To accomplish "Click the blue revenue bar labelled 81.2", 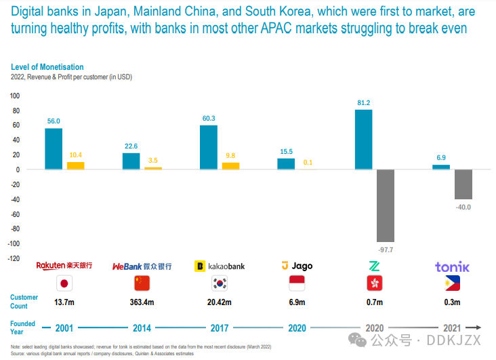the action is [363, 140].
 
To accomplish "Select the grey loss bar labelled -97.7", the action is [386, 205].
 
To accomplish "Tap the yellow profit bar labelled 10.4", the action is [76, 166].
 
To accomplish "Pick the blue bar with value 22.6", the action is [131, 161].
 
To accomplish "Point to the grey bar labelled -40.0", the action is [463, 184].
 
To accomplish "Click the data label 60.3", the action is [209, 119].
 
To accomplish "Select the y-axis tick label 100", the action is [15, 96].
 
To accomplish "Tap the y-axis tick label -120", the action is [14, 258].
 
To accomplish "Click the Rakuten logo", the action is [64, 265].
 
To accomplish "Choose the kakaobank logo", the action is [220, 266].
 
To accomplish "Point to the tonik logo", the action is [452, 267].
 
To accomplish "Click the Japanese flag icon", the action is [64, 283].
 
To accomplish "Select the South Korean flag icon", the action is [220, 283].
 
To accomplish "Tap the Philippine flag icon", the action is [452, 283].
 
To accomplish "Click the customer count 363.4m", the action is [142, 302].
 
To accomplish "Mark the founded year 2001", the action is [64, 328].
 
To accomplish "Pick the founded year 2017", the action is [220, 328].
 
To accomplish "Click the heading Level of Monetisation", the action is [47, 67].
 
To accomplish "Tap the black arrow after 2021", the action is [474, 327].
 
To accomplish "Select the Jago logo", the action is [297, 266].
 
